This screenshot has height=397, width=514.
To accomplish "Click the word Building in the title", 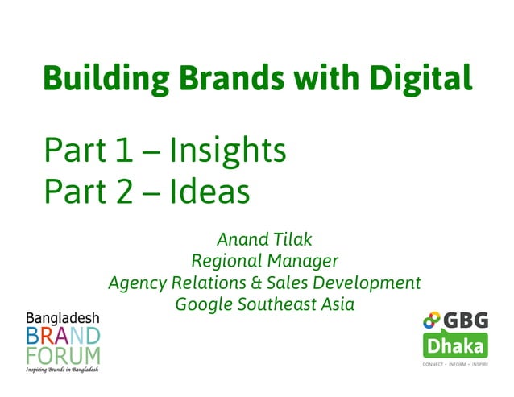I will [101, 79].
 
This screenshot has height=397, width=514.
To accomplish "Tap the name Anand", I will [240, 239].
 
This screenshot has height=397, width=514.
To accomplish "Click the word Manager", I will [302, 261].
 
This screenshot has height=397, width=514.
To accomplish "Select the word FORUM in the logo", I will [63, 355].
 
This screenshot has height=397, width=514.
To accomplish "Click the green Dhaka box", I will [455, 347].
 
